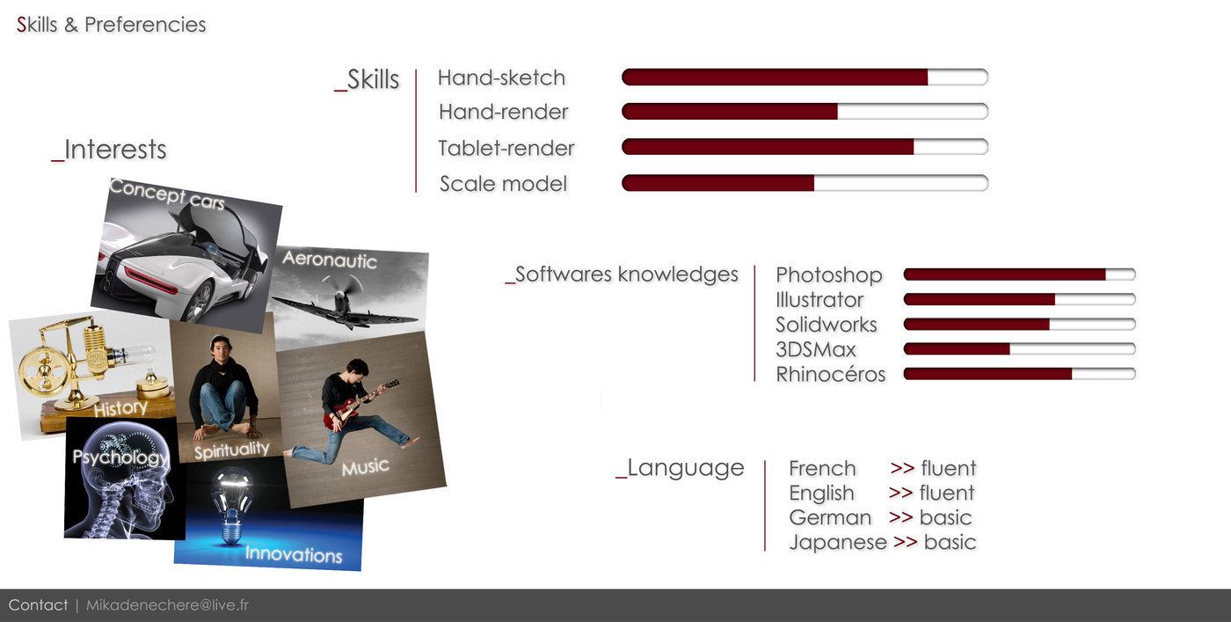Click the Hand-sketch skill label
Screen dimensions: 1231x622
pyautogui.click(x=501, y=77)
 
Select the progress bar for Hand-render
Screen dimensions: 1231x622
pyautogui.click(x=805, y=111)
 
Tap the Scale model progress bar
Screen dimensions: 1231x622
pyautogui.click(x=805, y=183)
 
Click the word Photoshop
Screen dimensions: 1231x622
pyautogui.click(x=828, y=275)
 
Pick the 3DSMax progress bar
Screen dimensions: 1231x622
pyautogui.click(x=1019, y=348)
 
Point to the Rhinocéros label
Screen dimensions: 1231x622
pyautogui.click(x=830, y=374)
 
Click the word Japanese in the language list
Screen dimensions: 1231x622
pyautogui.click(x=837, y=542)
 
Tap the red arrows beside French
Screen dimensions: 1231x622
pyautogui.click(x=902, y=468)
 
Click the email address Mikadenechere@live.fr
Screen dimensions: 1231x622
pyautogui.click(x=168, y=605)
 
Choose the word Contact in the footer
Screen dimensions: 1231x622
pyautogui.click(x=38, y=605)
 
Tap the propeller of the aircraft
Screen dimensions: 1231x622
pyautogui.click(x=342, y=286)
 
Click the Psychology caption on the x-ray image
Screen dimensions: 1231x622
pyautogui.click(x=120, y=457)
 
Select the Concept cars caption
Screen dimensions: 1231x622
pyautogui.click(x=166, y=194)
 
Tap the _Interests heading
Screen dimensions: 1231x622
pyautogui.click(x=109, y=150)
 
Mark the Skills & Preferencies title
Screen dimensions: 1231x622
pyautogui.click(x=111, y=25)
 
